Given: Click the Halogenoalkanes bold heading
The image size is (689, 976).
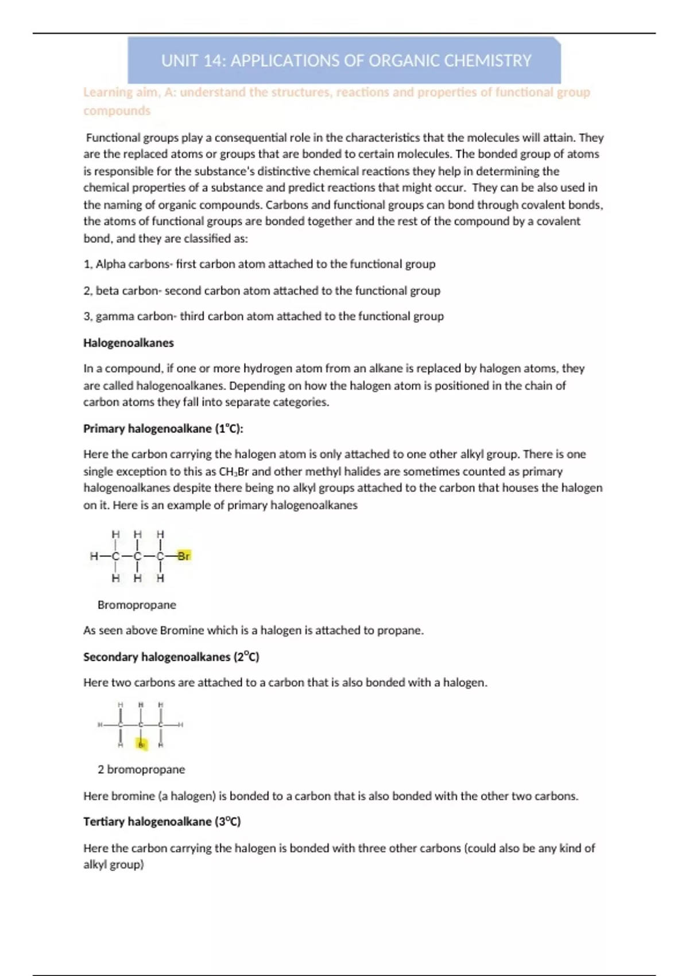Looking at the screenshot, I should click(x=128, y=343).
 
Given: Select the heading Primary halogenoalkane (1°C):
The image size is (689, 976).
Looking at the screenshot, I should click(x=163, y=428).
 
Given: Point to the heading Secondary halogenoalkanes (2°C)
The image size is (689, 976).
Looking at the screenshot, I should click(x=171, y=657).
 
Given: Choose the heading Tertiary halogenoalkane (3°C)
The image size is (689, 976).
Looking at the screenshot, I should click(x=162, y=822).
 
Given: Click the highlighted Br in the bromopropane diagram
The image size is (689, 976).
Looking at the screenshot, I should click(x=184, y=556).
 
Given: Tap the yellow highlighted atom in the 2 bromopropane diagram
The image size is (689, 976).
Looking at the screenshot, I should click(x=141, y=745).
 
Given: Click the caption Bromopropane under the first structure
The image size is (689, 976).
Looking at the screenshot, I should click(x=137, y=605).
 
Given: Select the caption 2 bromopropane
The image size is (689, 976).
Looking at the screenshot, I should click(x=141, y=769).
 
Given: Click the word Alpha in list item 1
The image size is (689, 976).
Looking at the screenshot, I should click(x=107, y=264).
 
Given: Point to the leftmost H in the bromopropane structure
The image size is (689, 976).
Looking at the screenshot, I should click(x=94, y=556).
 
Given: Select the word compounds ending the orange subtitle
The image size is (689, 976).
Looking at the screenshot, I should click(x=117, y=111).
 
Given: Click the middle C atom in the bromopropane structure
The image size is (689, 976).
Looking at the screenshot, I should click(x=137, y=556).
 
